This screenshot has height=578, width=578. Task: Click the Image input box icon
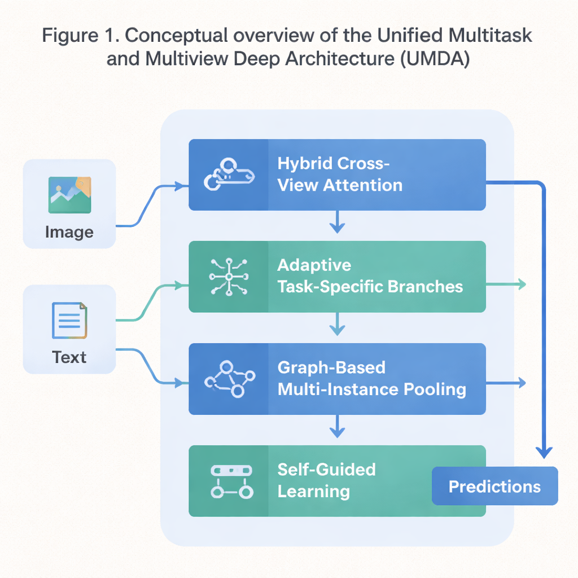pos(70,195)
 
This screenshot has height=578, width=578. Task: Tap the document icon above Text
pos(69,321)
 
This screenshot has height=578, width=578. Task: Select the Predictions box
pos(494,486)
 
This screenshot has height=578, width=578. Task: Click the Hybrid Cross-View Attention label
pos(340,174)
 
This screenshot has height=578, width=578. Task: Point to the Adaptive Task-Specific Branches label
pos(370,276)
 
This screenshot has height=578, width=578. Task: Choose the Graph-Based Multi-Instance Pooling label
pos(371,378)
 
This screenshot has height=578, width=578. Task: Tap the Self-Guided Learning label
pos(326,480)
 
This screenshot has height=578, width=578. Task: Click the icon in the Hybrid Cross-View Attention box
pos(228,175)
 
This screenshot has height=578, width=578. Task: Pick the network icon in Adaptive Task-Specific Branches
pos(228,277)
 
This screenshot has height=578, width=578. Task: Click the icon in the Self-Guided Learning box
pos(230,481)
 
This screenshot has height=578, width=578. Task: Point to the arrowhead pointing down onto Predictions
pos(544,452)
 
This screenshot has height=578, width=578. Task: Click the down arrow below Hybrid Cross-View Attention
pos(337,224)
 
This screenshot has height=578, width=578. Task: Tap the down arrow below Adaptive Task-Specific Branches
pos(337,326)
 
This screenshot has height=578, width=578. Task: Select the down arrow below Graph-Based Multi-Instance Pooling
pos(337,428)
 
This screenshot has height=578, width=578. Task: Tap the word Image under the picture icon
pos(69,232)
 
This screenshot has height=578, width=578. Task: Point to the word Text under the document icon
pos(69,357)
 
